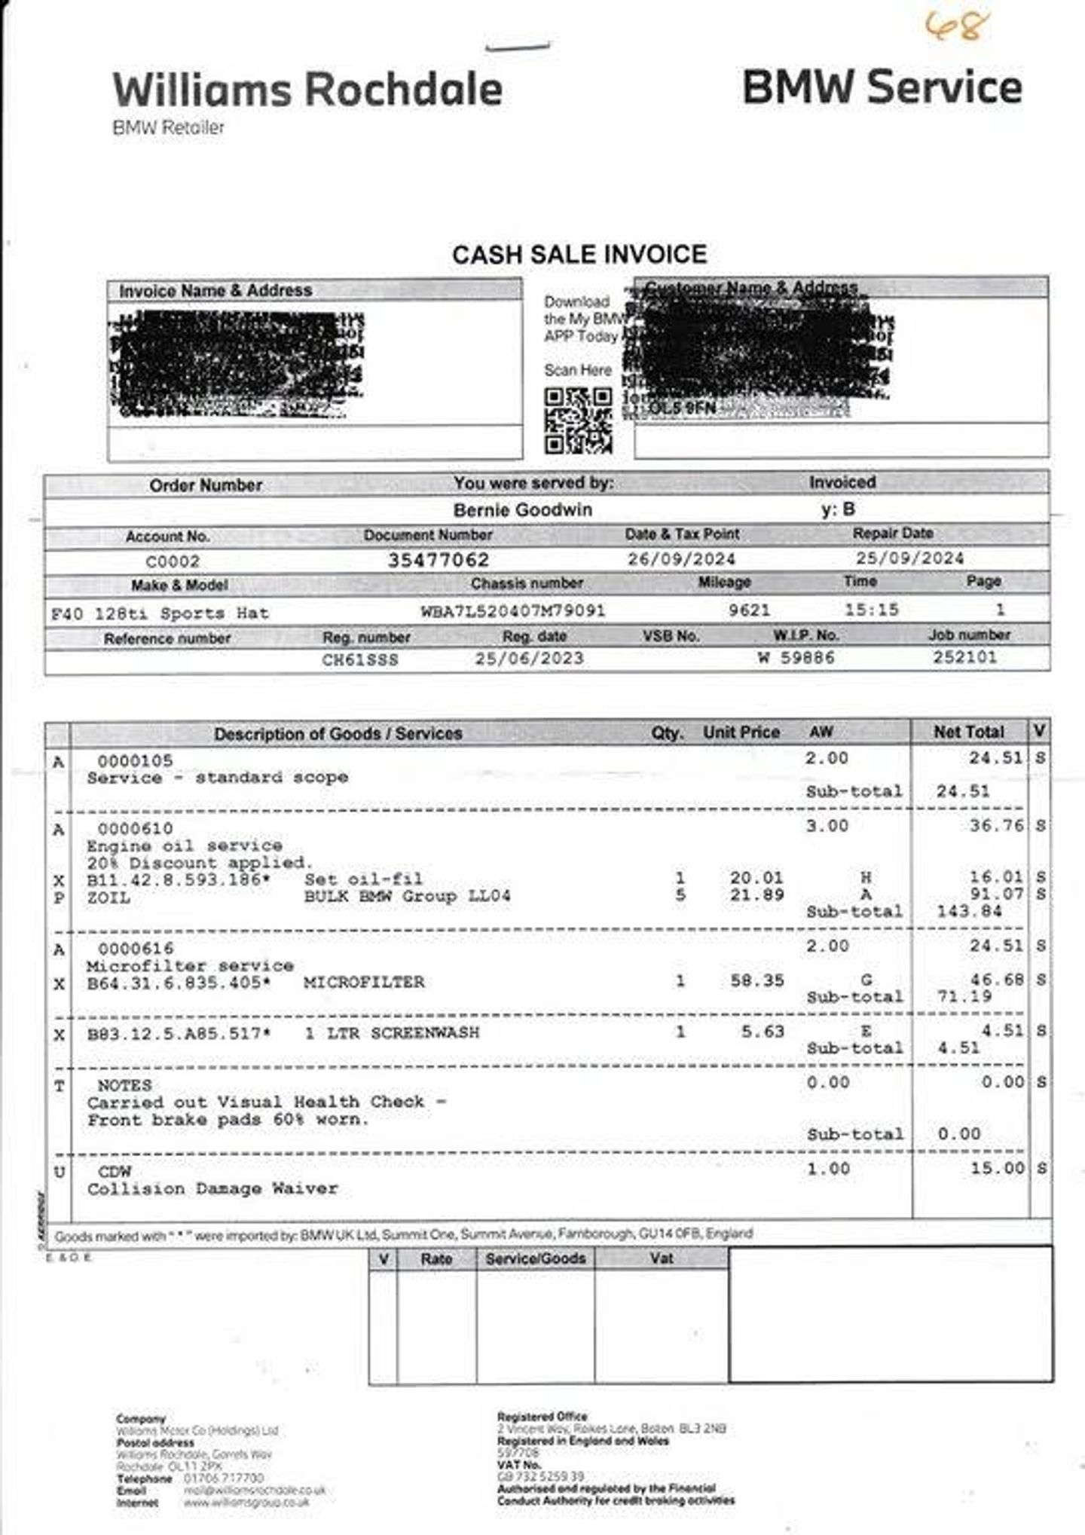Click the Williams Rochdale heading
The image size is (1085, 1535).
307,89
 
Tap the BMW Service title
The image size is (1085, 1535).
882,87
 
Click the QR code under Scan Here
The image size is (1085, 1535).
578,420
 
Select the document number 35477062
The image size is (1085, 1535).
439,560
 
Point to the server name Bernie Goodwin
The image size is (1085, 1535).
522,510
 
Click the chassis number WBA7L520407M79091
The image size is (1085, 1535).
512,610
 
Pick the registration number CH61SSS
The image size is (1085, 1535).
359,659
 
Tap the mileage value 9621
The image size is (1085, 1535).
749,610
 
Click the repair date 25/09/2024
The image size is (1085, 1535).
909,558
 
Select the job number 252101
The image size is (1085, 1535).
964,657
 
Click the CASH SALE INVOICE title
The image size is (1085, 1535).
579,255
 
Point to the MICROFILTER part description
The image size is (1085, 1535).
364,982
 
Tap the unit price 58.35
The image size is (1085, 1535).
757,980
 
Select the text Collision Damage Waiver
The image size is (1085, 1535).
212,1189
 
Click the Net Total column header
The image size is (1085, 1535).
968,732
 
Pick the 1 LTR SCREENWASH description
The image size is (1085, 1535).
392,1032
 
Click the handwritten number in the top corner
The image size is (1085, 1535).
955,27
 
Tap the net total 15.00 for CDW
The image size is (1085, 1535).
997,1169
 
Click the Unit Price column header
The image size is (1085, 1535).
741,732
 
